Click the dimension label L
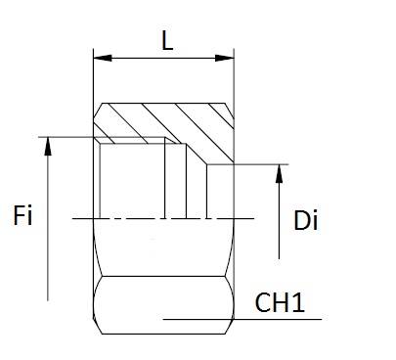[167, 41]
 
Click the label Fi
[22, 215]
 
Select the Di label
[305, 221]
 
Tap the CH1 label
[280, 302]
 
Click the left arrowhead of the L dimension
[103, 58]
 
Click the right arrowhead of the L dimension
[225, 58]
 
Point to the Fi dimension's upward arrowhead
[48, 146]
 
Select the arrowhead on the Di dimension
[279, 173]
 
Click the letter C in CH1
[263, 302]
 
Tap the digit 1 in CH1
[300, 302]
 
